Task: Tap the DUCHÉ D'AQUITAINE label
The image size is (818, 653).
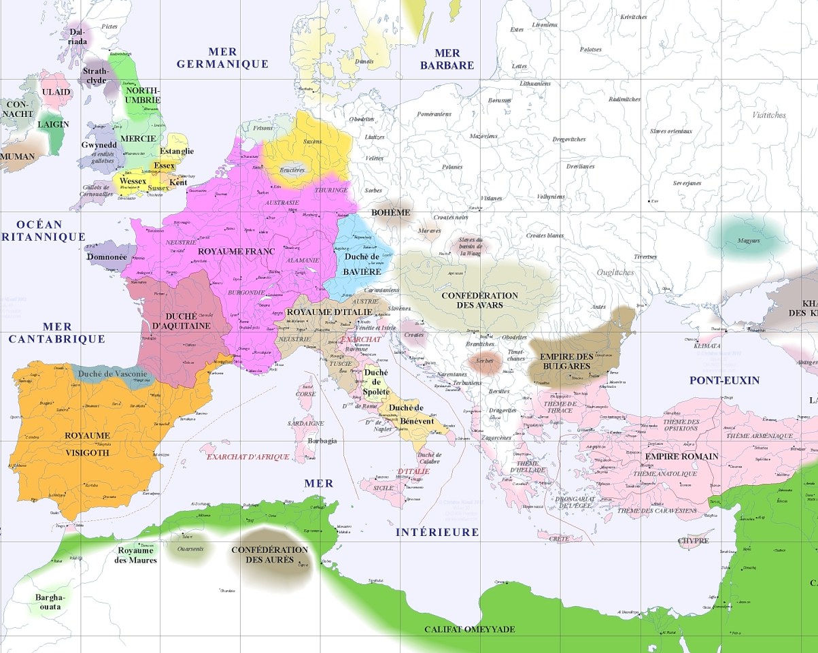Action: (x=181, y=321)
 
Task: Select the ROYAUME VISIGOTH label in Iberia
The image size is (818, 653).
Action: (x=86, y=443)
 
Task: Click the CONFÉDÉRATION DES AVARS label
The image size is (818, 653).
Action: (x=479, y=300)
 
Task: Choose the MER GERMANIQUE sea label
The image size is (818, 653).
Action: (x=223, y=58)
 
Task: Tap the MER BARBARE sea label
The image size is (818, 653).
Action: (x=447, y=59)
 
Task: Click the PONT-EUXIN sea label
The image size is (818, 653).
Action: (x=724, y=380)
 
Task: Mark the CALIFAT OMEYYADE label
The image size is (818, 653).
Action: (x=470, y=629)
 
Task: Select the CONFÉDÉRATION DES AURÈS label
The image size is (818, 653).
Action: (x=269, y=554)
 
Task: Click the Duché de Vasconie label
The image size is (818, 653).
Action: (x=112, y=373)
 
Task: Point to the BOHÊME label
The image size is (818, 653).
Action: (x=391, y=212)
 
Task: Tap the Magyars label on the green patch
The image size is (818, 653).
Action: (x=748, y=240)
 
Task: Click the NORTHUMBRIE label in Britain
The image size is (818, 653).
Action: (x=143, y=95)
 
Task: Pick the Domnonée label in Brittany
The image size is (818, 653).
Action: (x=107, y=257)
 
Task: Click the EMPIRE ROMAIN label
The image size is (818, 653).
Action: (x=682, y=456)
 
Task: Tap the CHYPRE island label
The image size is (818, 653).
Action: (x=694, y=541)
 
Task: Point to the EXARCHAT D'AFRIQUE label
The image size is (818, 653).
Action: (x=248, y=456)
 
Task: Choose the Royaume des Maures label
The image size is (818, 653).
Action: (x=137, y=555)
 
